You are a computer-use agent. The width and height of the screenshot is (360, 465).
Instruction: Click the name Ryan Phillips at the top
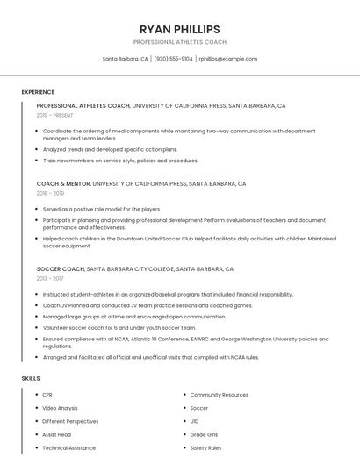[180, 29]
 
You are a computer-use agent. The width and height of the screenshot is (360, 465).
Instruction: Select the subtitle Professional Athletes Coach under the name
[180, 42]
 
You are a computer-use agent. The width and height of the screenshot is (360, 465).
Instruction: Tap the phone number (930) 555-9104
[174, 59]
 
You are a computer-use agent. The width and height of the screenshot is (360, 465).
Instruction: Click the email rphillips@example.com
[227, 59]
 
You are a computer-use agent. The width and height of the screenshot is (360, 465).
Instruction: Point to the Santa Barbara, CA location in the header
[126, 59]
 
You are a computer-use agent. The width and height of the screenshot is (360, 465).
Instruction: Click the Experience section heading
[38, 92]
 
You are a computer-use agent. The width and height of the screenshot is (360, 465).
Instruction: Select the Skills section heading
[31, 378]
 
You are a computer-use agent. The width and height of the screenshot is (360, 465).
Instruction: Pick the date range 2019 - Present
[54, 115]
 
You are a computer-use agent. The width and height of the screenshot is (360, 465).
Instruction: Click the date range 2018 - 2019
[50, 193]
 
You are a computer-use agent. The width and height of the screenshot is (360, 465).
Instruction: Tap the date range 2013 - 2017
[50, 278]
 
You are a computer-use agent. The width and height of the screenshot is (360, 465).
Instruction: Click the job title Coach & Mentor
[63, 184]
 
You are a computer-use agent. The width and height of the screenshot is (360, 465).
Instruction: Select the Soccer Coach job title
[60, 269]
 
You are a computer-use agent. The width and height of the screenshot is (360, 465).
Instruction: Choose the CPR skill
[48, 395]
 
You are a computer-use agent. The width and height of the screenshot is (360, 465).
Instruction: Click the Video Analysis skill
[61, 408]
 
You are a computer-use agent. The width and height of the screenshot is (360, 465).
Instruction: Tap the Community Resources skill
[219, 395]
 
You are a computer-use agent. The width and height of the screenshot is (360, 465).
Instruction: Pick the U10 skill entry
[195, 421]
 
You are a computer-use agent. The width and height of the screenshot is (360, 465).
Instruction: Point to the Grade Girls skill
[205, 434]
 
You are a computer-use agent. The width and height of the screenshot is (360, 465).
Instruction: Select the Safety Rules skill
[205, 447]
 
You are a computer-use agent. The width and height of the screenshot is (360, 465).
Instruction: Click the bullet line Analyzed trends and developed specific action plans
[110, 149]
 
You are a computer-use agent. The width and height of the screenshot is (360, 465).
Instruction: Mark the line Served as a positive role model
[102, 210]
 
